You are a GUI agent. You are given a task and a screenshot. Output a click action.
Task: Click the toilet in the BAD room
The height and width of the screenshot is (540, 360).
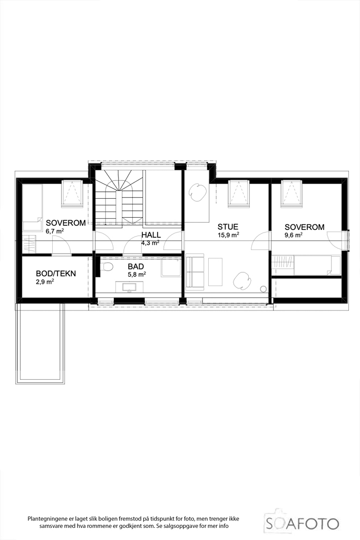(107, 266)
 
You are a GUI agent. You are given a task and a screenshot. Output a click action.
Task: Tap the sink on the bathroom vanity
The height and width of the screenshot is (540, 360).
(130, 286)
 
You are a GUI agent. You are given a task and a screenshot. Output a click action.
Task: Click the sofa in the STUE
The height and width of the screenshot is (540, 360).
(195, 272)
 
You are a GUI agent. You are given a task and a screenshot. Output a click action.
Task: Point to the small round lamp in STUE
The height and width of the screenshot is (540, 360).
(264, 290)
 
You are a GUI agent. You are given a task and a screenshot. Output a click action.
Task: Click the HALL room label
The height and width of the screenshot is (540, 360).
(151, 235)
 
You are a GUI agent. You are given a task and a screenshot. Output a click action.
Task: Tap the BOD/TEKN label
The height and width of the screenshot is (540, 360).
(56, 274)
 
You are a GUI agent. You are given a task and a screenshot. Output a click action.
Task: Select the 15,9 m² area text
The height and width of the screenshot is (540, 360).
(228, 235)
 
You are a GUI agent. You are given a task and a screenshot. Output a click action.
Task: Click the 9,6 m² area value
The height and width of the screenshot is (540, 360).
(294, 235)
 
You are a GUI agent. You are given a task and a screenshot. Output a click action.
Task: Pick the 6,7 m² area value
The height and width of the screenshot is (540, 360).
(55, 231)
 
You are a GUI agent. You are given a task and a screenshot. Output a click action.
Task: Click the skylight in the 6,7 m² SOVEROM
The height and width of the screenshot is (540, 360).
(73, 194)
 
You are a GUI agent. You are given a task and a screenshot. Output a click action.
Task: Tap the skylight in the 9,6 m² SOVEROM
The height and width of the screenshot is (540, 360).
(292, 194)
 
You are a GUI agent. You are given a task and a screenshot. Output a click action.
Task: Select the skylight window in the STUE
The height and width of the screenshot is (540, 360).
(239, 194)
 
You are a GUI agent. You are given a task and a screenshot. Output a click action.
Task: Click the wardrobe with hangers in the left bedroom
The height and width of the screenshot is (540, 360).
(30, 244)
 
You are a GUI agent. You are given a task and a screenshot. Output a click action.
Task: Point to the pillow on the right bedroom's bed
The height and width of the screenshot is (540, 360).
(333, 265)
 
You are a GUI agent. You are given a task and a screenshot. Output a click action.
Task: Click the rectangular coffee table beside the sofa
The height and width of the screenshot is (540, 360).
(215, 272)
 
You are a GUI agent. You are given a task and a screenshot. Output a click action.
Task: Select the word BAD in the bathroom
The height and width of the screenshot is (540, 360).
(135, 266)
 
